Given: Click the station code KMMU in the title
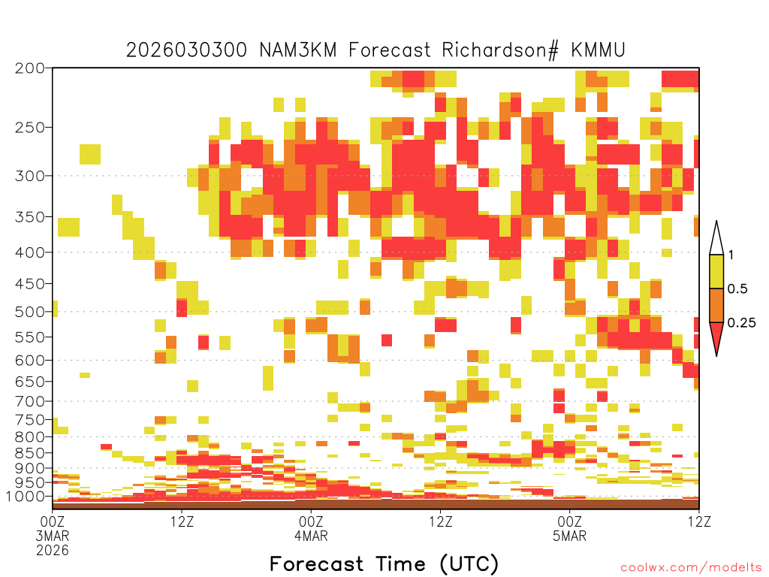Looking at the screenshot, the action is coord(598,50).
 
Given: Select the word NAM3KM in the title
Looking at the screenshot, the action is coord(298,50).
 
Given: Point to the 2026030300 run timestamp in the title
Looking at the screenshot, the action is coord(187,50).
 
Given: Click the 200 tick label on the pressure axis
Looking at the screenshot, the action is coord(29,68).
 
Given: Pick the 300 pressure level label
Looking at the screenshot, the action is coord(29,176).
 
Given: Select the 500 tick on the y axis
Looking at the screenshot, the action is coord(29,312).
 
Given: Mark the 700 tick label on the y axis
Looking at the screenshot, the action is coord(29,401).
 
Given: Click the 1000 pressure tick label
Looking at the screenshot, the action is coord(26,496).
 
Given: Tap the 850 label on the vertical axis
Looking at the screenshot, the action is coord(29,453).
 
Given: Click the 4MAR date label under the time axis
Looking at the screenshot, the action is coord(311,535).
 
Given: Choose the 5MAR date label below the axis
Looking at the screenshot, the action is coord(569,535).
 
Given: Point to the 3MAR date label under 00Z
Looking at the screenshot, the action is coord(53,535).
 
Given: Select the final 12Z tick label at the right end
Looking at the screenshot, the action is coord(699,521).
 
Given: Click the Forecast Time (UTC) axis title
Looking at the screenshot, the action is coord(384,563).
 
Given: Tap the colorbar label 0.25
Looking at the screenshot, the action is coord(741,322).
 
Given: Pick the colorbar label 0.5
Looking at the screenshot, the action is coord(737,288).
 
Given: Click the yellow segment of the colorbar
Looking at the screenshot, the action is coord(716,271).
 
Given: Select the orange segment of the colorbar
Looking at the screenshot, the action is coord(716,305).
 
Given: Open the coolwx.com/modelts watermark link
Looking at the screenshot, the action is coord(691,568).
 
